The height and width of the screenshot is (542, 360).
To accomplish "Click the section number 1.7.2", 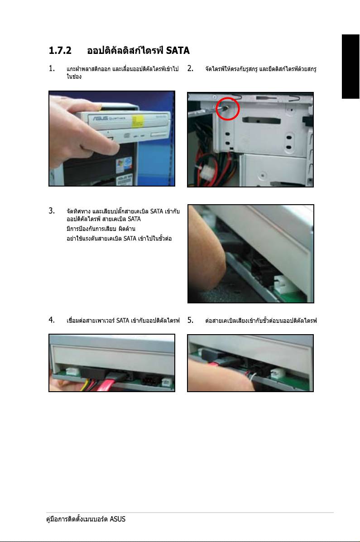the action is [x=60, y=50].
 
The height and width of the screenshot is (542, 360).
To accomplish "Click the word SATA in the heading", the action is [x=178, y=50].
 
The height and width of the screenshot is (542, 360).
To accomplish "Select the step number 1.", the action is [x=52, y=68].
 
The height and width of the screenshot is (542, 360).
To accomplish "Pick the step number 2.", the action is [x=190, y=68].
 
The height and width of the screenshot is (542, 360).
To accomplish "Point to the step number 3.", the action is [x=52, y=211].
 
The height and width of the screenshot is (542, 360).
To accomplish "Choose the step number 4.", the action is [x=52, y=320].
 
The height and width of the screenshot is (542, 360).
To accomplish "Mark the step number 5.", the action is [x=190, y=320].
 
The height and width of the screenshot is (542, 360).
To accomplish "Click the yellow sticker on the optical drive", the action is [x=137, y=121].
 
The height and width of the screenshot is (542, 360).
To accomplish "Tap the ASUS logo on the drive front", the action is [x=100, y=119].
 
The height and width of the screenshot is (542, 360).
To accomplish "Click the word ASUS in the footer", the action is [x=118, y=519].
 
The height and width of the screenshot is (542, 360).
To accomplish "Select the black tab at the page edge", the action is [x=350, y=67].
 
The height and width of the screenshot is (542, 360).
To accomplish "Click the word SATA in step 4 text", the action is [x=123, y=321].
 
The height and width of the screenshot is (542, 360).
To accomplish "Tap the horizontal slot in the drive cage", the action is [x=261, y=120].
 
